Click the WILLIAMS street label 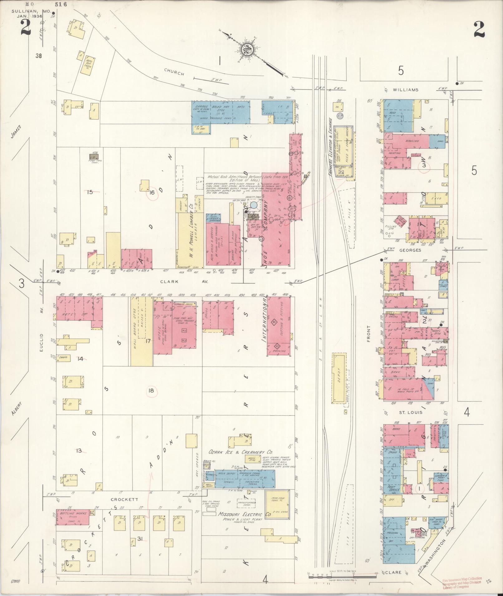(405, 90)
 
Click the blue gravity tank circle (254, 205)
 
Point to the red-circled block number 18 (152, 391)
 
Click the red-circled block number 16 (152, 193)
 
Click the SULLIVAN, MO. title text (31, 11)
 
